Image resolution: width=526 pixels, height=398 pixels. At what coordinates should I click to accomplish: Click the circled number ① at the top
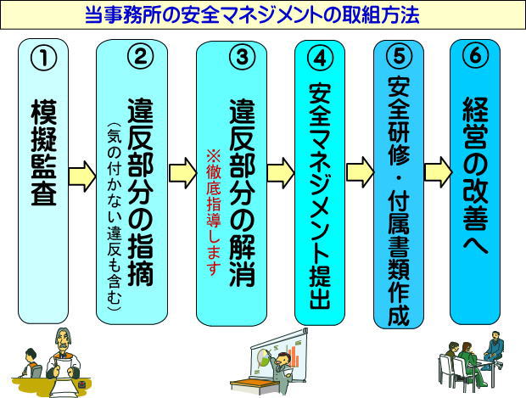pos(43,58)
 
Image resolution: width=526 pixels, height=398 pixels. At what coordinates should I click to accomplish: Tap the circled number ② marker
pos(140,56)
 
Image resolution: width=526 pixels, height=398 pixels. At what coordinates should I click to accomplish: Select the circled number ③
pos(242,57)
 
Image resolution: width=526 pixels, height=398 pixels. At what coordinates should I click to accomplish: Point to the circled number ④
pos(321,58)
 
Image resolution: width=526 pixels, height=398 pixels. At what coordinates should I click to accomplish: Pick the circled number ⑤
pos(399,56)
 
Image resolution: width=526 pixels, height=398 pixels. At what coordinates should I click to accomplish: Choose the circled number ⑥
pos(475,55)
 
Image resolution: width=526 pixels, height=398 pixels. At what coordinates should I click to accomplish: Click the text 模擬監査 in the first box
pos(43,153)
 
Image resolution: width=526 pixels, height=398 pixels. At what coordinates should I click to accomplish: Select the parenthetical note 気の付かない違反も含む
pos(114,216)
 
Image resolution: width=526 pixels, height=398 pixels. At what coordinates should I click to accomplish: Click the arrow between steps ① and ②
pos(82,177)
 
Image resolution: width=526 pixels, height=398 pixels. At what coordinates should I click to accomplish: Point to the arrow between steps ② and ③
pos(182,173)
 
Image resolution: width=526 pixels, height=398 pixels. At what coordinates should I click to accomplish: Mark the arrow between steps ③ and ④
pos(281,173)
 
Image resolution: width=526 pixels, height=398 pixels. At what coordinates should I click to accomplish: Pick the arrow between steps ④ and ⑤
pos(360,171)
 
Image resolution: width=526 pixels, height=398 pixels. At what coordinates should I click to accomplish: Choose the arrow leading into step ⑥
pos(438,171)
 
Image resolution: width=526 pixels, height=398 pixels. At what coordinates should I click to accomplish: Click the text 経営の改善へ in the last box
pos(475,177)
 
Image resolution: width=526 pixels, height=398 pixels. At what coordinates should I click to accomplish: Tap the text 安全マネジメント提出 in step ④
pos(321,195)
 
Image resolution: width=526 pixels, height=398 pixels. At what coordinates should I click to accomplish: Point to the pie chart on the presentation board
pos(265,356)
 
